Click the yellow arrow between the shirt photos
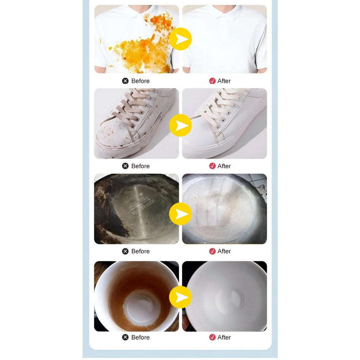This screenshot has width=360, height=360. (180, 39)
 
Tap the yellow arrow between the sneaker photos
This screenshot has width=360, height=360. (180, 126)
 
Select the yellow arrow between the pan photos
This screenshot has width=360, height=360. (180, 214)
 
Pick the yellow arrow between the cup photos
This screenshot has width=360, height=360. (180, 297)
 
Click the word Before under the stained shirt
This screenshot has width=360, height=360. (140, 81)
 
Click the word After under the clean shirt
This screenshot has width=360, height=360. (224, 81)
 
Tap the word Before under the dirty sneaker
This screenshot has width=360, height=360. (140, 166)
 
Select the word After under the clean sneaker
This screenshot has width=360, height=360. (224, 166)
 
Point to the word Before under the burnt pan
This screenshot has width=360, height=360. (140, 251)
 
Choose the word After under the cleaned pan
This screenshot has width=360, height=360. (224, 251)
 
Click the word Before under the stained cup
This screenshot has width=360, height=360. (140, 337)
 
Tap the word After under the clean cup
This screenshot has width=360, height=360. (224, 337)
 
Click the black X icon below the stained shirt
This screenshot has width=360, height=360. (126, 81)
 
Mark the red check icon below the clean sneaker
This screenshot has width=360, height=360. (212, 166)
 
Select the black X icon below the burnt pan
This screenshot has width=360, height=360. (126, 251)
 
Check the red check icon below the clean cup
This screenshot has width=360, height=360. (212, 337)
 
